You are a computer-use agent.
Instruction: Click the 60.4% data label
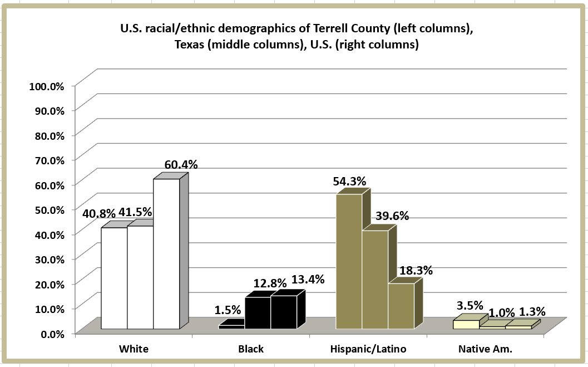181,165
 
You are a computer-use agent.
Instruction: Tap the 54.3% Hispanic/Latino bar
349,261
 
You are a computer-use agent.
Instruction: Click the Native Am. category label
485,349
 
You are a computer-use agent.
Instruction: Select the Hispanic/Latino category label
368,349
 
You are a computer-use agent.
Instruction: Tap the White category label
134,349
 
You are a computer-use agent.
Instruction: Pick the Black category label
251,349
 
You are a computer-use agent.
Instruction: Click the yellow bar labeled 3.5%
466,324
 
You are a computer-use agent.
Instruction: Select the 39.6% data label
391,216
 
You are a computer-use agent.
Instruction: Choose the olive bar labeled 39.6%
375,279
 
